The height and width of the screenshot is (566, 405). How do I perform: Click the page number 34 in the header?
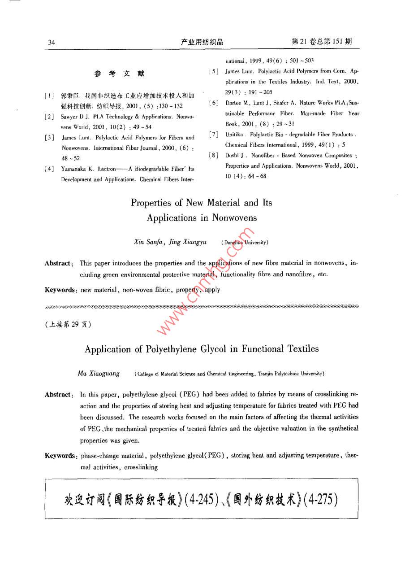(51, 43)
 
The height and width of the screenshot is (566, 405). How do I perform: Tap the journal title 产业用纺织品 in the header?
(202, 42)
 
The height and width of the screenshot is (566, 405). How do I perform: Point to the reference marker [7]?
(214, 135)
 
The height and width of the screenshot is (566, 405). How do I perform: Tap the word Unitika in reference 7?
(235, 135)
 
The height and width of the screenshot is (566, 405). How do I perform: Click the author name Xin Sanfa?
(149, 242)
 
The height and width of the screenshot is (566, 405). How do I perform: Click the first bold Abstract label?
(58, 263)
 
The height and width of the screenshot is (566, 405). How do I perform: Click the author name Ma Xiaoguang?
(99, 373)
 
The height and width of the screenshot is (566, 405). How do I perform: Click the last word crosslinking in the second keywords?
(142, 467)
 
